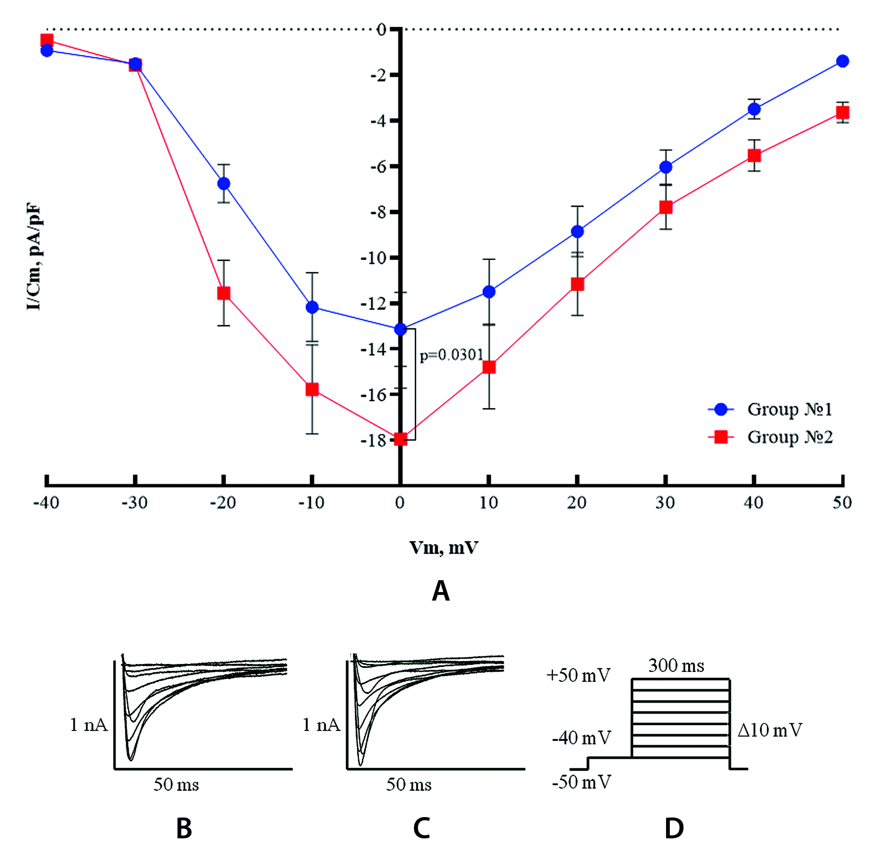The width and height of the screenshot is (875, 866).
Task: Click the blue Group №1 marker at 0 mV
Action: [400, 329]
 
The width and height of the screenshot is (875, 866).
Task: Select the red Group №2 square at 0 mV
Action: [400, 439]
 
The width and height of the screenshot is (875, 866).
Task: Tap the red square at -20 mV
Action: [224, 293]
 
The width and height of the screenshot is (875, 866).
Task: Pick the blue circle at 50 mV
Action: [842, 61]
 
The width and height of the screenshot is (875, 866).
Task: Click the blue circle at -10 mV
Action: [312, 308]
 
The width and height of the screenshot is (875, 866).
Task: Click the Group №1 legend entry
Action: [789, 409]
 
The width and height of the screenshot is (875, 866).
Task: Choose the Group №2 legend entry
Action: [789, 437]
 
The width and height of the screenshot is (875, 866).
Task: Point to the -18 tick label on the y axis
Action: [373, 440]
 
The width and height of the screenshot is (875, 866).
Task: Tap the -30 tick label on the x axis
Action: [134, 502]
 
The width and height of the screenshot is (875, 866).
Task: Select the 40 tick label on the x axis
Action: [754, 502]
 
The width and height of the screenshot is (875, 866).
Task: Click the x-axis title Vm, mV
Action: [444, 548]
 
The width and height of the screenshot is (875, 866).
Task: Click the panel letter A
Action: [440, 591]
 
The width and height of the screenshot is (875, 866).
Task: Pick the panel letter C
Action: [421, 829]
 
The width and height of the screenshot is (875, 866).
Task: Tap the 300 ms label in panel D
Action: [676, 666]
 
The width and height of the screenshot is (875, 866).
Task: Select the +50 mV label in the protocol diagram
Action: [578, 675]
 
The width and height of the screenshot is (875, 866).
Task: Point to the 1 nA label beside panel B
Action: [89, 725]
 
